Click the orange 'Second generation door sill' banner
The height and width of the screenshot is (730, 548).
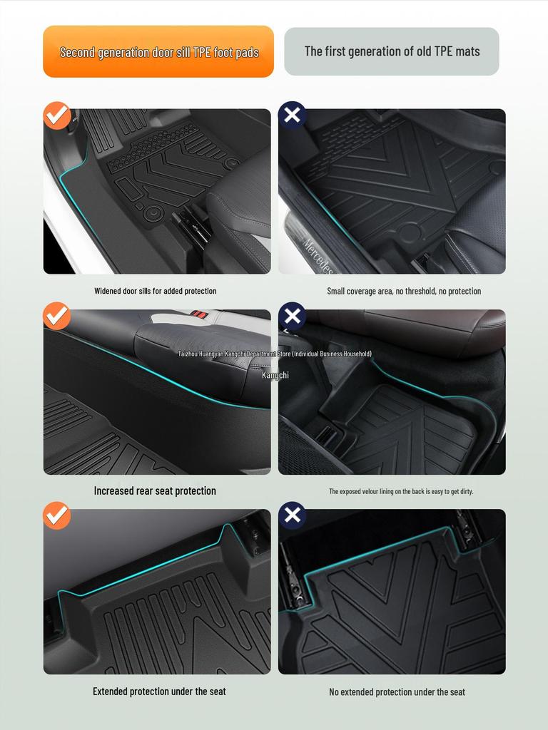(x=158, y=51)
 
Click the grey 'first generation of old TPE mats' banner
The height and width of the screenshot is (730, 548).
(x=392, y=51)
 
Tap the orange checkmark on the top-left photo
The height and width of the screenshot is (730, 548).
(x=57, y=115)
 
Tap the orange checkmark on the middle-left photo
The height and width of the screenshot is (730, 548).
(x=57, y=316)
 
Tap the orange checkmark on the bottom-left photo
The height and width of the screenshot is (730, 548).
(x=57, y=515)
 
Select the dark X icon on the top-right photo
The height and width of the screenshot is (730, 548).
(x=292, y=115)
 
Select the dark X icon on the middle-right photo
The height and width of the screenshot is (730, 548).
(x=292, y=316)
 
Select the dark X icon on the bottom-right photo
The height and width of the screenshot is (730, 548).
(x=292, y=515)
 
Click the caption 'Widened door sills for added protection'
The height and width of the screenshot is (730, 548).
(x=156, y=291)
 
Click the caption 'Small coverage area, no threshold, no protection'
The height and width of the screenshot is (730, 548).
(x=404, y=291)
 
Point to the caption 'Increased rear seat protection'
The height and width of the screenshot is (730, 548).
(x=155, y=490)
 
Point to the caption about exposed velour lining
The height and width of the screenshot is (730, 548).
(x=401, y=491)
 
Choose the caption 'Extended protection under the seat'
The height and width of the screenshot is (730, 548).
(x=159, y=691)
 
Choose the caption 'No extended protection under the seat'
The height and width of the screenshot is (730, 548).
(x=397, y=692)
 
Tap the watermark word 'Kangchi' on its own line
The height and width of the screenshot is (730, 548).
(x=275, y=375)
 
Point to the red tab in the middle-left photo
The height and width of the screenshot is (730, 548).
(x=201, y=314)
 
